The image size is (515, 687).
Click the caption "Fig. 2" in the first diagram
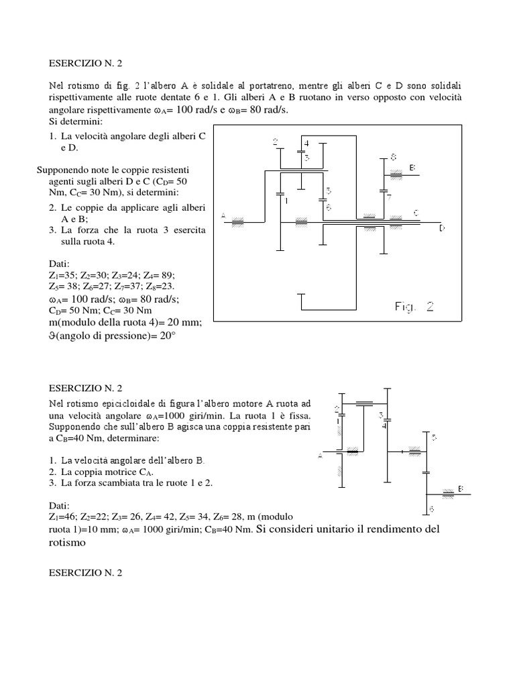[414, 307]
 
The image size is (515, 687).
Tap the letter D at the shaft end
[442, 229]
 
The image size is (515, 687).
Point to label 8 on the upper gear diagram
[392, 157]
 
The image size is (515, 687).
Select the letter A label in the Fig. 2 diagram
[223, 215]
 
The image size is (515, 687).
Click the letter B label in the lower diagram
[461, 488]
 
